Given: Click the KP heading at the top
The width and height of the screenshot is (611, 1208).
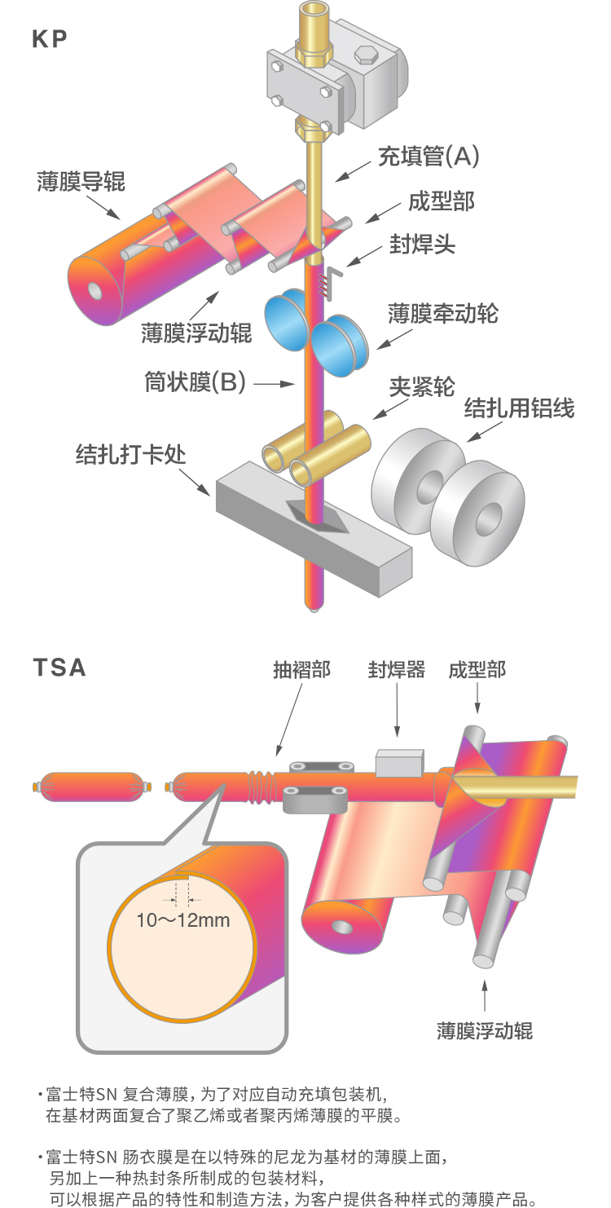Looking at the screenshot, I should pyautogui.click(x=50, y=38).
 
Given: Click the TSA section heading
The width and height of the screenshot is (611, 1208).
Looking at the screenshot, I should pyautogui.click(x=59, y=667).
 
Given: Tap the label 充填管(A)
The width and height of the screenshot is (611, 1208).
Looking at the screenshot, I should pyautogui.click(x=428, y=155).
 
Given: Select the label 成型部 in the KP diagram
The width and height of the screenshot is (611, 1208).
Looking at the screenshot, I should pyautogui.click(x=441, y=201).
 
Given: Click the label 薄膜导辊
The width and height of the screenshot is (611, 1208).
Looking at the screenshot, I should pyautogui.click(x=81, y=181).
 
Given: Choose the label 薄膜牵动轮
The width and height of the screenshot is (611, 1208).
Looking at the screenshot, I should pyautogui.click(x=442, y=312).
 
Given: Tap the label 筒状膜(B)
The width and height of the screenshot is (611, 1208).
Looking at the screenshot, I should pyautogui.click(x=196, y=381).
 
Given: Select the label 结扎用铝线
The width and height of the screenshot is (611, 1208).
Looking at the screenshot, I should pyautogui.click(x=519, y=407).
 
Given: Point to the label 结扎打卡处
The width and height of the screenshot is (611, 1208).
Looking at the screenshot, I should pyautogui.click(x=130, y=453).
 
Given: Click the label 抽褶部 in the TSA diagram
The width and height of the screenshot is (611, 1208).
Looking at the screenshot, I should pyautogui.click(x=301, y=670).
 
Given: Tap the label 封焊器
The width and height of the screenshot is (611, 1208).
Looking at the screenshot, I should pyautogui.click(x=397, y=670).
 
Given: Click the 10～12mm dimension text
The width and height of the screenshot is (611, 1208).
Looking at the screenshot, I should pyautogui.click(x=183, y=920).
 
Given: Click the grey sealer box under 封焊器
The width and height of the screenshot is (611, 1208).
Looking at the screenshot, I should pyautogui.click(x=399, y=763).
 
